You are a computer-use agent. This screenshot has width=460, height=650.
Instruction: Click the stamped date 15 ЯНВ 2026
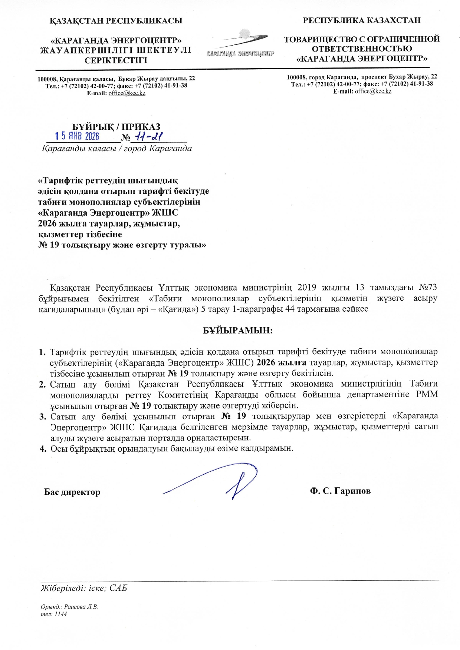click(x=77, y=136)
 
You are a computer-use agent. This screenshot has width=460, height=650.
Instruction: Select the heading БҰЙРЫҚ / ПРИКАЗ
click(x=116, y=127)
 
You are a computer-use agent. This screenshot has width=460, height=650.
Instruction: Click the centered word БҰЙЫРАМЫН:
click(x=238, y=331)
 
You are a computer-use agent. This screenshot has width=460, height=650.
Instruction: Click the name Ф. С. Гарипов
click(x=340, y=491)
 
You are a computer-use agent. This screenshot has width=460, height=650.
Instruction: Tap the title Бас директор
click(x=72, y=492)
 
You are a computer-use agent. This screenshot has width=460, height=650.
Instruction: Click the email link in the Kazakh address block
click(x=127, y=93)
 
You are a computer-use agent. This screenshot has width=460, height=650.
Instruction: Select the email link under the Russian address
click(x=373, y=91)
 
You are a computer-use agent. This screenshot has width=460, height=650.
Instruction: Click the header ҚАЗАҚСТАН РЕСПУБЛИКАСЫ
click(x=116, y=21)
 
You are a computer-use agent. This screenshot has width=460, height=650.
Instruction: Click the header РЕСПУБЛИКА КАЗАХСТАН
click(x=362, y=20)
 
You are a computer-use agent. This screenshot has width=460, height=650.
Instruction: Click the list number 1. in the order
click(x=42, y=352)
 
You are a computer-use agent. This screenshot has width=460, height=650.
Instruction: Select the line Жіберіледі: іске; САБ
click(x=84, y=588)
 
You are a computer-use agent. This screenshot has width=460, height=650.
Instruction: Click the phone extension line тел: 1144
click(x=54, y=614)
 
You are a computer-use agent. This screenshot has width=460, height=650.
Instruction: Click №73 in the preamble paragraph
click(x=428, y=288)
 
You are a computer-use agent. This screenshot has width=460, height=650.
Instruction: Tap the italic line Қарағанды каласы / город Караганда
click(x=116, y=149)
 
